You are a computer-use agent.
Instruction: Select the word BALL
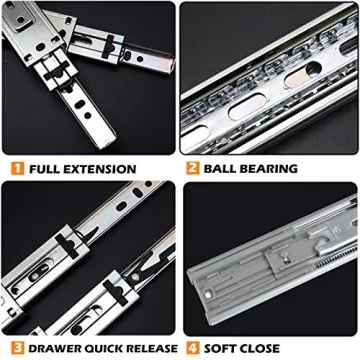click(221, 169)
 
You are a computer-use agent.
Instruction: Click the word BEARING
click(274, 169)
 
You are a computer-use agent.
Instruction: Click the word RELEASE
click(149, 348)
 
